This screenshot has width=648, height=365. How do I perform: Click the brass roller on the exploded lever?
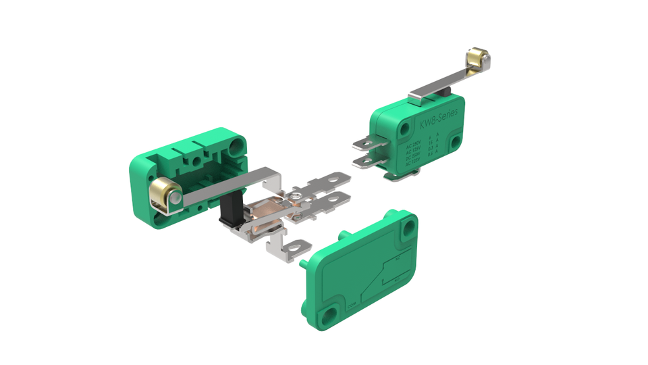pyautogui.click(x=164, y=195)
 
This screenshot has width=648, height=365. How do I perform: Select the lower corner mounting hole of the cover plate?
pyautogui.click(x=329, y=314)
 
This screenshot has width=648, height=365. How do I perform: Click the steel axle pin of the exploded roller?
pyautogui.click(x=174, y=198)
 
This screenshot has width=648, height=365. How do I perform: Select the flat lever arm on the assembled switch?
pyautogui.click(x=432, y=92)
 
